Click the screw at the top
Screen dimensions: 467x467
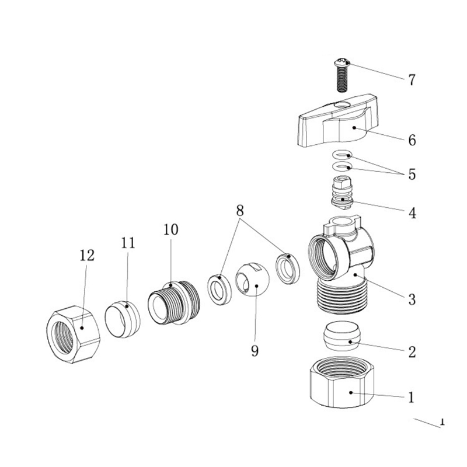342,75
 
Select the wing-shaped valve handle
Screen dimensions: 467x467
338,121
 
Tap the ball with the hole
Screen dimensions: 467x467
252,280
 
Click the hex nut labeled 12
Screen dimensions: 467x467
74,334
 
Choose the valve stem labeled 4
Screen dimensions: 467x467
342,193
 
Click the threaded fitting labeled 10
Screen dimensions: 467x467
174,302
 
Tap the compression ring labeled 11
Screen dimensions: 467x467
123,319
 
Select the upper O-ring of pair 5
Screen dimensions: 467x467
342,155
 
